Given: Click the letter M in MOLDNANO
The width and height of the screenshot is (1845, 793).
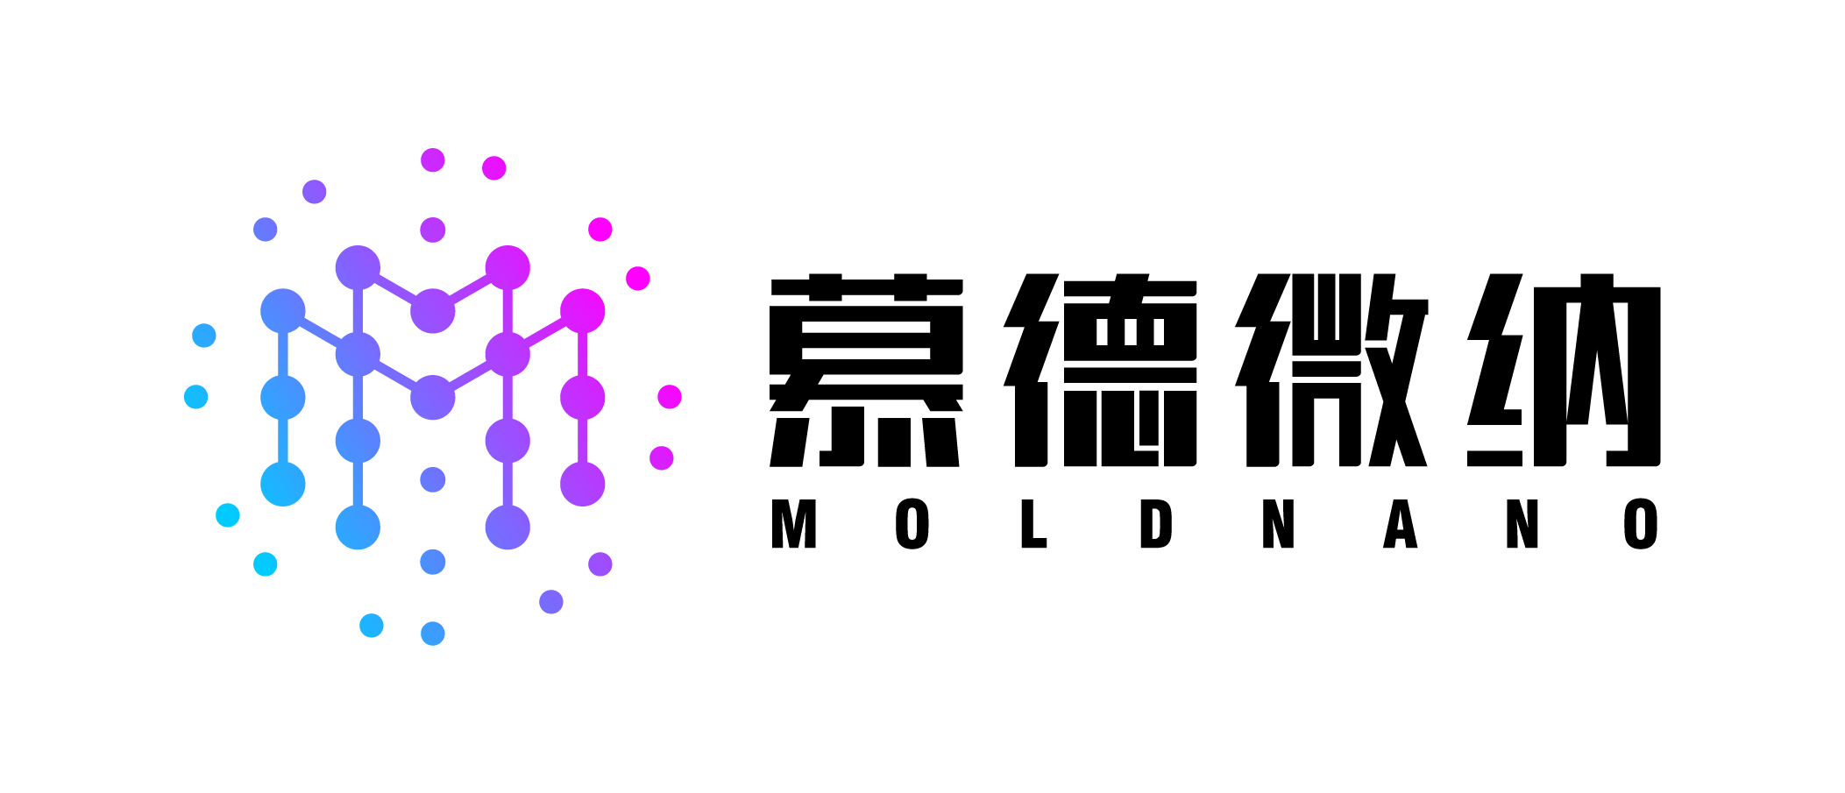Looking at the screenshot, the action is (x=794, y=524).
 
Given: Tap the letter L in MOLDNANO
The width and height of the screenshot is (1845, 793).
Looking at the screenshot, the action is (x=1034, y=524).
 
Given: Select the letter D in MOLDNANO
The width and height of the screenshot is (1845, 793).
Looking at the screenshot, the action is (x=1156, y=524).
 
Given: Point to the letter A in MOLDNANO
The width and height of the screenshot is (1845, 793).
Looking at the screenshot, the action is (x=1401, y=524).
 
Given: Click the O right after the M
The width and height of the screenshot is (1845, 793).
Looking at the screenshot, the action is (x=912, y=524).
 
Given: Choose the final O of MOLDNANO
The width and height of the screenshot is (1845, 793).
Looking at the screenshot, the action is (x=1641, y=524).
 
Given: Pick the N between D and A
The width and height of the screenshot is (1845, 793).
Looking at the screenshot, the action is (x=1279, y=524).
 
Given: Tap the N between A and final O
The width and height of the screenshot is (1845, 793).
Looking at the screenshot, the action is (x=1522, y=524).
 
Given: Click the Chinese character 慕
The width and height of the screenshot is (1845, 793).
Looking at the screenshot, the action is (x=866, y=370).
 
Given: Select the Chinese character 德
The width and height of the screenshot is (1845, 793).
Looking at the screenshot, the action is (x=1101, y=370).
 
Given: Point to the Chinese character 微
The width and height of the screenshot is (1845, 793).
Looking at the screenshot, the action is (x=1332, y=370).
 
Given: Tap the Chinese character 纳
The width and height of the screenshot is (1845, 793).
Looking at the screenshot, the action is (x=1564, y=370).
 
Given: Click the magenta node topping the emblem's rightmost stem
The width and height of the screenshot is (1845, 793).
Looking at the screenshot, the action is (x=583, y=311).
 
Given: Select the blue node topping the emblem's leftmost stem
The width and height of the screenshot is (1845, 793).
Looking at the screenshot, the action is (x=283, y=311).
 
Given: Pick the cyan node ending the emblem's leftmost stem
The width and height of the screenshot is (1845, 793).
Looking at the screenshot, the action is (x=283, y=484).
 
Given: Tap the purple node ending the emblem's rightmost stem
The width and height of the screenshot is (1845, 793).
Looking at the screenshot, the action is (x=583, y=484).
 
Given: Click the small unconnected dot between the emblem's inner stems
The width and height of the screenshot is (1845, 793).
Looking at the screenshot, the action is (x=433, y=479).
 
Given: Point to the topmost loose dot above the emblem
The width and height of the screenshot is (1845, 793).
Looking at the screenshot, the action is (x=433, y=159).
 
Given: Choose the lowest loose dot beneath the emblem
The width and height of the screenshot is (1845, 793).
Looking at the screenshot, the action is (x=433, y=634).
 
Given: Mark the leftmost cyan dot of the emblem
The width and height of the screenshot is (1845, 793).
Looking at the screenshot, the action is (x=196, y=397).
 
